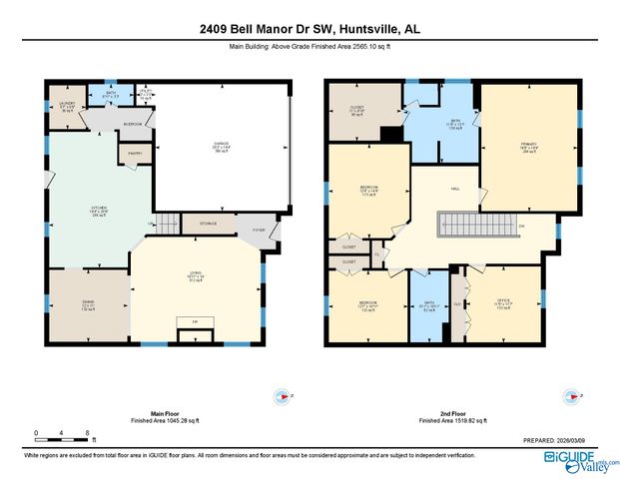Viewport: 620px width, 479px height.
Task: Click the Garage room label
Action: click(x=222, y=147)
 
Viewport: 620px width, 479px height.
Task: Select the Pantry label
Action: click(x=135, y=153)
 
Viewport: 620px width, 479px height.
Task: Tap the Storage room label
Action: click(x=209, y=224)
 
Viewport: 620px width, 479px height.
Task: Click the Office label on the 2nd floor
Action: click(x=504, y=303)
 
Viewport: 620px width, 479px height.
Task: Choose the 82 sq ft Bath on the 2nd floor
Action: click(x=430, y=306)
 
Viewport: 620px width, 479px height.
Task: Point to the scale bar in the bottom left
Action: click(x=62, y=433)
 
